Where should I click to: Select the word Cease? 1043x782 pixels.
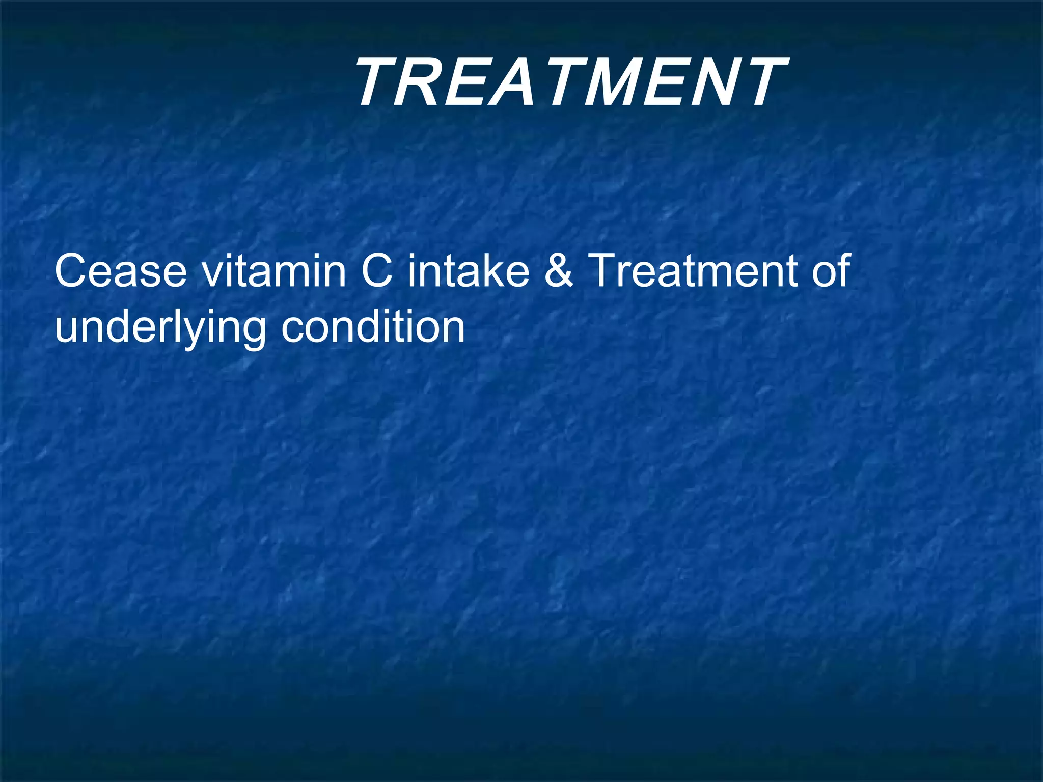click(x=121, y=271)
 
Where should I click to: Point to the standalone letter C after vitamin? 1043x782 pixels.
click(x=377, y=271)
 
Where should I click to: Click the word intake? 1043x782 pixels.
click(x=469, y=271)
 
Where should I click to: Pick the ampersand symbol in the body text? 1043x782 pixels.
click(x=559, y=271)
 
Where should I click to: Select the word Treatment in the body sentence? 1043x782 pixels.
click(x=693, y=271)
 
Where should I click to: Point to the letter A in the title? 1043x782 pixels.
click(x=509, y=82)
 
